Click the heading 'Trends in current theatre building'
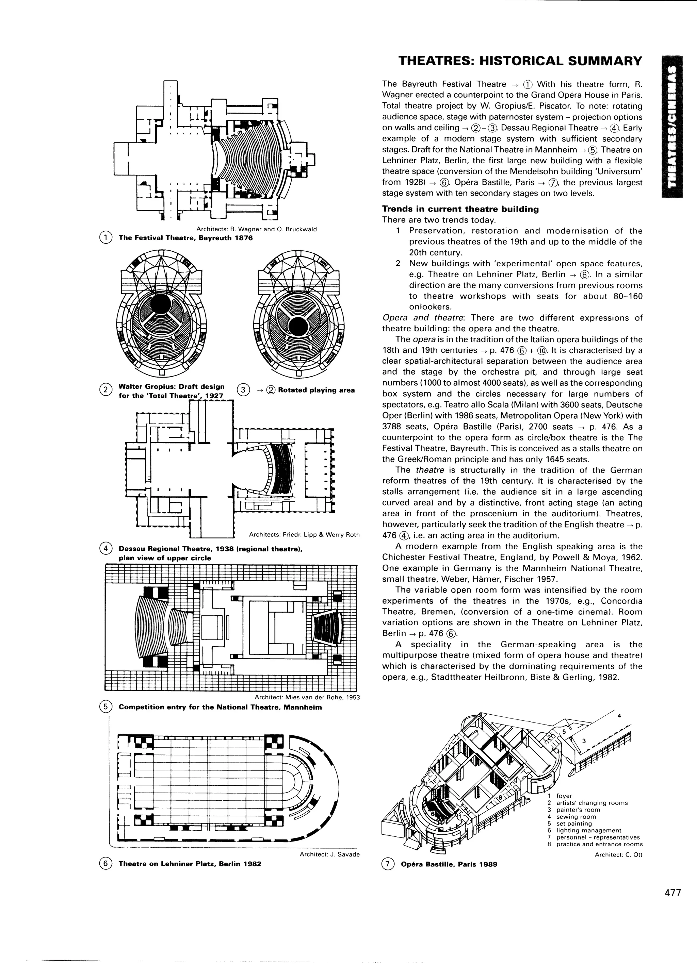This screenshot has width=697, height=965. [460, 209]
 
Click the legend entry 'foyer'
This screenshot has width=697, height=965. [564, 796]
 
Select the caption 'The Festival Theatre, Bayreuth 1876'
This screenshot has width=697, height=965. [185, 238]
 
